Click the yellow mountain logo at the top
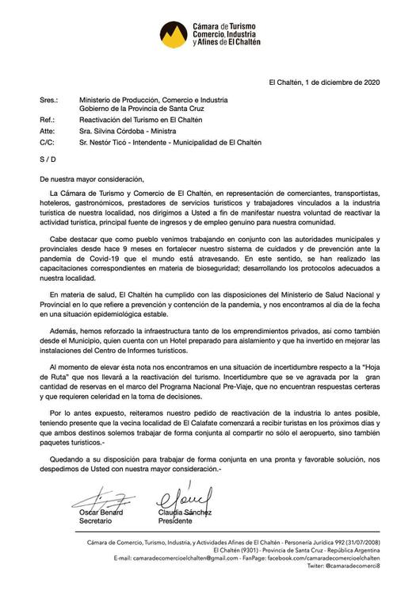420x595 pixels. pyautogui.click(x=175, y=33)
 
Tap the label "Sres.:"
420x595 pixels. pyautogui.click(x=49, y=100)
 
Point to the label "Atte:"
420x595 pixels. pyautogui.click(x=48, y=130)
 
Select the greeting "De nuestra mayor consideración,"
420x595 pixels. pyautogui.click(x=92, y=179)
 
